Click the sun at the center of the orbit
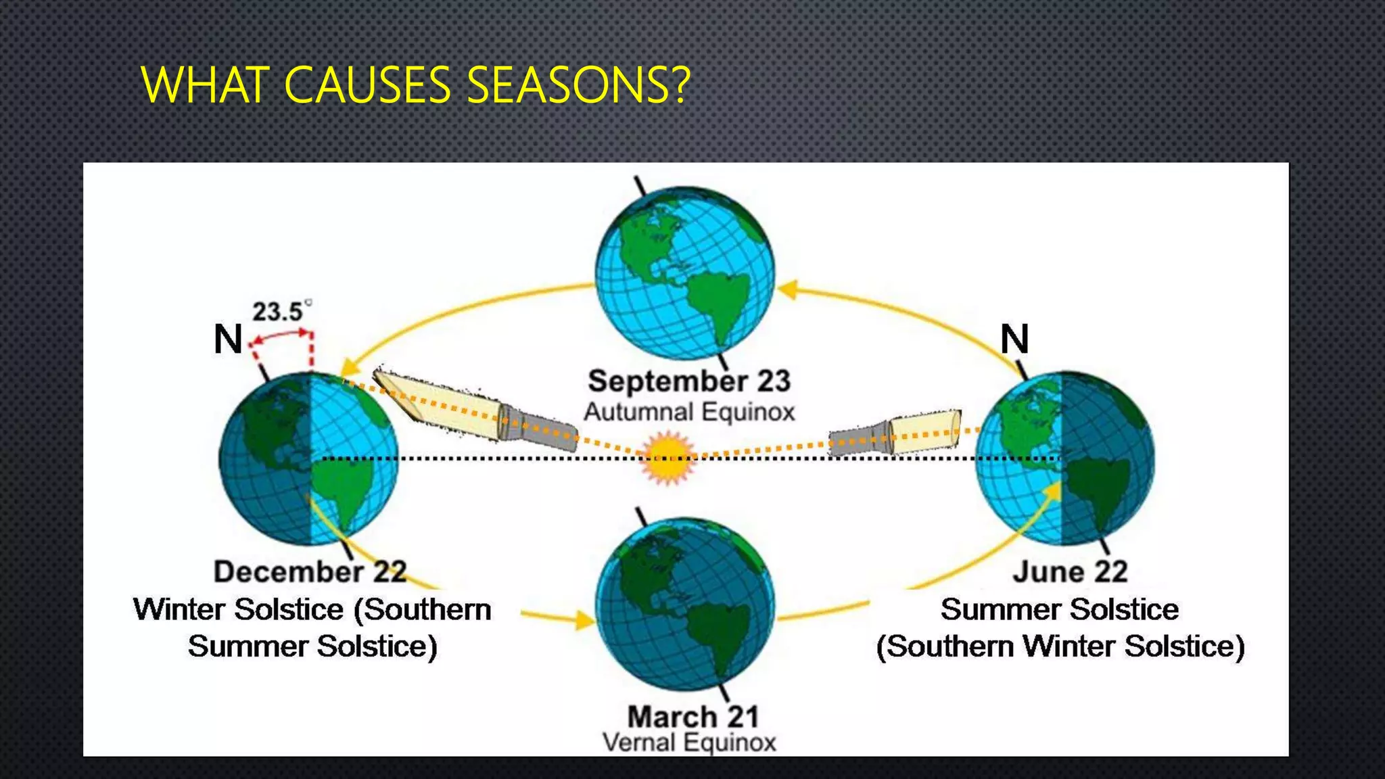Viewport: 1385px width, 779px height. point(668,458)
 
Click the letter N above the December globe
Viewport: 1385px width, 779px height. point(228,339)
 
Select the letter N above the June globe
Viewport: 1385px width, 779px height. point(1014,339)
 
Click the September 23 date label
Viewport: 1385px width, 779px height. point(689,381)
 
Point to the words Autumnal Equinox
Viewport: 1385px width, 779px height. point(689,412)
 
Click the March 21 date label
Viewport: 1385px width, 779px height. point(692,717)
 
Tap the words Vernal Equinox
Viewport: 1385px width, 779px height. point(689,742)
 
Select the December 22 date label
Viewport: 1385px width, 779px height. point(310,572)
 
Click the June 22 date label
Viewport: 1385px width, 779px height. point(1070,572)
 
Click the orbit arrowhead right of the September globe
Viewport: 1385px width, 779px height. point(787,290)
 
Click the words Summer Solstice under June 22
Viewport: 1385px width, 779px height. point(1059,609)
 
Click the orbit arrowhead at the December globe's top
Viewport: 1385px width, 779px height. point(349,367)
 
